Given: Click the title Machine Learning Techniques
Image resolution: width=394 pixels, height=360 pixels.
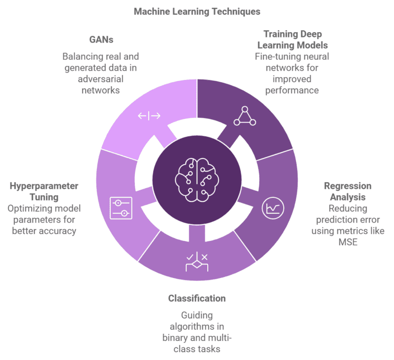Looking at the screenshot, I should tap(197, 11).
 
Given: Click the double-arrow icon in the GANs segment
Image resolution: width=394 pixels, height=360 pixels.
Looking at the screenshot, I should tap(149, 116).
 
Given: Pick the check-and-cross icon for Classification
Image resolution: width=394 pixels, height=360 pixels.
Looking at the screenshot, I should tap(196, 262).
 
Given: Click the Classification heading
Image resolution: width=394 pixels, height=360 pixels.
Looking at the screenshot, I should tap(197, 298).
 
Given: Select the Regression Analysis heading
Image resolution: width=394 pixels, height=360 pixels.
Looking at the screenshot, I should tap(348, 191).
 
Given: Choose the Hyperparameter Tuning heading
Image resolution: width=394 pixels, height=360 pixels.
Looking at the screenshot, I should tap(44, 191).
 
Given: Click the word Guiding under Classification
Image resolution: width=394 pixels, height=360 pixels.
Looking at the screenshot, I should tap(197, 315).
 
